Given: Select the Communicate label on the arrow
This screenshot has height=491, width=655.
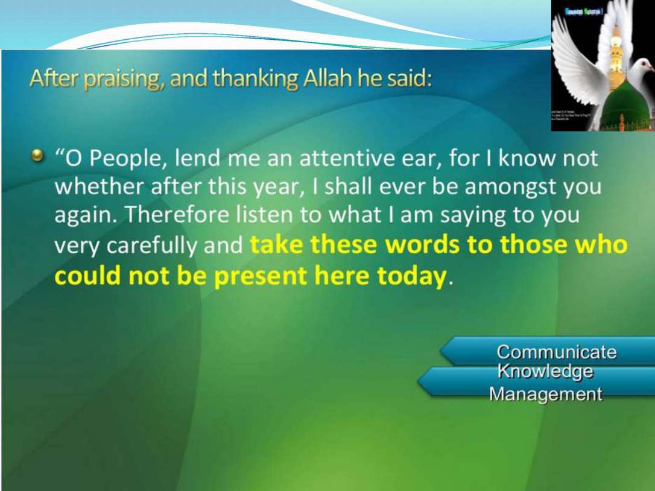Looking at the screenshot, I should click(x=556, y=352).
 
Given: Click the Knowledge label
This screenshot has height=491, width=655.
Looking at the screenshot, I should click(x=545, y=372).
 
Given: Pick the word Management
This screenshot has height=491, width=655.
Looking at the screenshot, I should click(x=545, y=394).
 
